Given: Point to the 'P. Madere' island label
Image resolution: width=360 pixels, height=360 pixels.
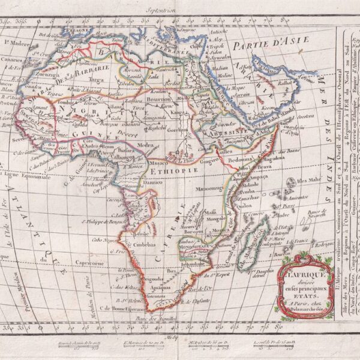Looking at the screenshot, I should pyautogui.click(x=16, y=43).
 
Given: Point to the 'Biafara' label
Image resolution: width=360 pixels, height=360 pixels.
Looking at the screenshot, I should pyautogui.click(x=124, y=152).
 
